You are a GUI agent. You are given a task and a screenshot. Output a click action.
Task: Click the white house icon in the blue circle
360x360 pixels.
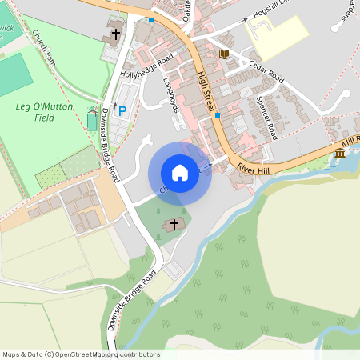click(180, 172)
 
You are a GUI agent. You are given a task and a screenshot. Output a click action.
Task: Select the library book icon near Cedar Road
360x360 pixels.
click(225, 54)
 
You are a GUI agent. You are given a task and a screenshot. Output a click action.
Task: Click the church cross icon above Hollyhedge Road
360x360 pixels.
click(115, 34)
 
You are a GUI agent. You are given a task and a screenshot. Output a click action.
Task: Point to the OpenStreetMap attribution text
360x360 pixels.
click(80, 354)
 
